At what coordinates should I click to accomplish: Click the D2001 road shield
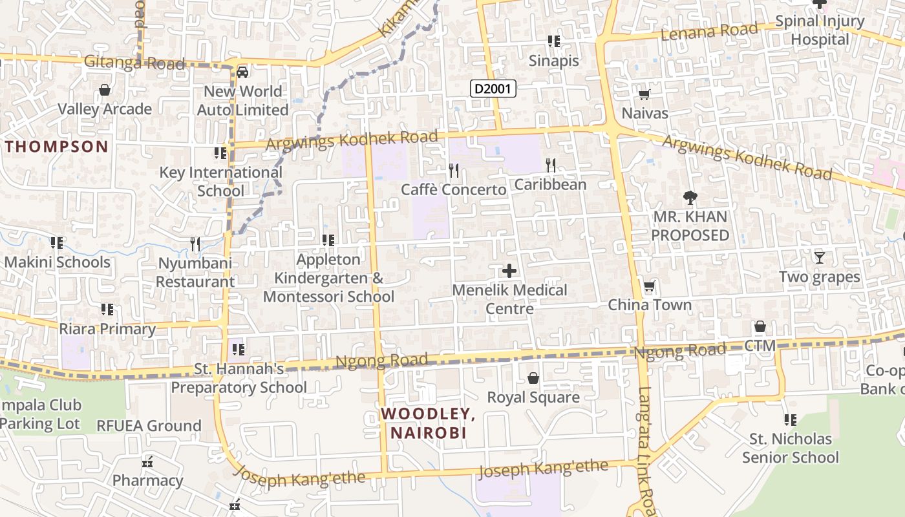point(493,89)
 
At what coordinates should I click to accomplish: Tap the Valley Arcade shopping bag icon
point(105,90)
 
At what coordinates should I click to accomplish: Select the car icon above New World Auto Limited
point(242,72)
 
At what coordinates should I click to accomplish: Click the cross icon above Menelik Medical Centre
point(509,270)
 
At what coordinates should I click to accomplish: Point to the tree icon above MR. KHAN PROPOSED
point(690,197)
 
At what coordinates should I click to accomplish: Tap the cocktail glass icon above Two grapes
point(820,257)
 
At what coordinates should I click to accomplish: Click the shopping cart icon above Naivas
point(644,95)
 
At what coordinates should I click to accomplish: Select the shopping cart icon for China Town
point(649,286)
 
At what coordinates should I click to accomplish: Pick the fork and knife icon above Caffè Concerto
point(454,170)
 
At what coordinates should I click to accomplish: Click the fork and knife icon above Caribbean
point(550,165)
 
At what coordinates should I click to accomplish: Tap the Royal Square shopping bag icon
point(533,377)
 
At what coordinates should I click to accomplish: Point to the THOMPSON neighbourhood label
point(57,146)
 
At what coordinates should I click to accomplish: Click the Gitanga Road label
point(134,63)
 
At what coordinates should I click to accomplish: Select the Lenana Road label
point(708,30)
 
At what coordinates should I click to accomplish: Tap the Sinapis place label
point(554,61)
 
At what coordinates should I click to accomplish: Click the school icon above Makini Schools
point(57,243)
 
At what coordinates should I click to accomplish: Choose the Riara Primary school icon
point(107,310)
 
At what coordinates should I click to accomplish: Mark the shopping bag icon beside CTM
point(760,326)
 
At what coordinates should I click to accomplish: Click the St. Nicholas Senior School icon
point(790,420)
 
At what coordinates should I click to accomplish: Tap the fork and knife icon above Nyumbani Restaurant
point(195,244)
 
